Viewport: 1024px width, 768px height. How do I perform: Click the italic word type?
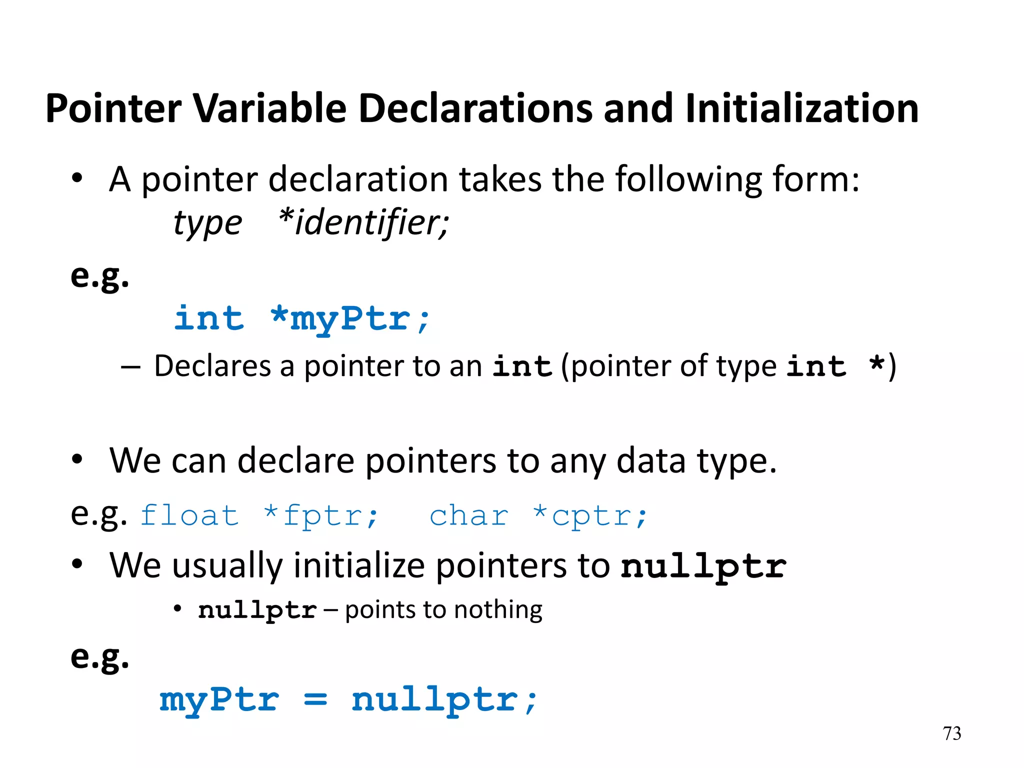click(x=207, y=223)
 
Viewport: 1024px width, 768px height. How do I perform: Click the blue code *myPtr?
click(x=350, y=319)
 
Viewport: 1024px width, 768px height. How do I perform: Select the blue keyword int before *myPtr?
click(x=209, y=318)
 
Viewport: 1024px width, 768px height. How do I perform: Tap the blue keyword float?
click(x=189, y=515)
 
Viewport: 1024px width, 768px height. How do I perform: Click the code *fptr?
click(x=321, y=515)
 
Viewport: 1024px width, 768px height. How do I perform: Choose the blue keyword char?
click(x=469, y=515)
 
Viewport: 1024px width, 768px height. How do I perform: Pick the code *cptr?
click(x=590, y=515)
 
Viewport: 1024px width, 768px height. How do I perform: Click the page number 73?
click(x=951, y=733)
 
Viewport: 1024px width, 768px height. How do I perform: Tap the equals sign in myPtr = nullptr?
click(x=315, y=699)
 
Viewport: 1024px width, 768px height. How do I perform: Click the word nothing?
click(x=498, y=610)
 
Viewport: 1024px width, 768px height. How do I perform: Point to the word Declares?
click(x=212, y=366)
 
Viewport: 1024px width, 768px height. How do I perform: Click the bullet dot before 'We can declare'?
click(x=76, y=460)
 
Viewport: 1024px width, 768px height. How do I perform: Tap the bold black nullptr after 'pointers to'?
click(x=703, y=566)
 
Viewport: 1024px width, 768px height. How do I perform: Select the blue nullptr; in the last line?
click(x=444, y=699)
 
